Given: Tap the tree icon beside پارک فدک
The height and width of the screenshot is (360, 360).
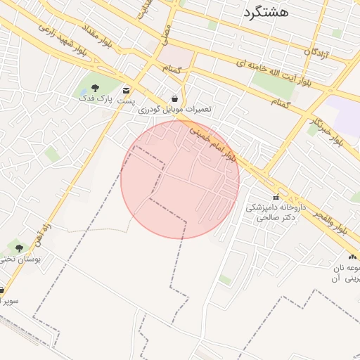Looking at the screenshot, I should click(x=95, y=88).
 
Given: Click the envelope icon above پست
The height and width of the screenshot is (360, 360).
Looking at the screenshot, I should click(x=126, y=90).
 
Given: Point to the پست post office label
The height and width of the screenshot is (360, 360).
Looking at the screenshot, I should click(x=125, y=101).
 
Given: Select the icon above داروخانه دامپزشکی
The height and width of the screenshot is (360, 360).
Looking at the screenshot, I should click(x=275, y=197).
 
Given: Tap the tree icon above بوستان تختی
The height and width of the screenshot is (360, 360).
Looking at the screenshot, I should click(x=19, y=247).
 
